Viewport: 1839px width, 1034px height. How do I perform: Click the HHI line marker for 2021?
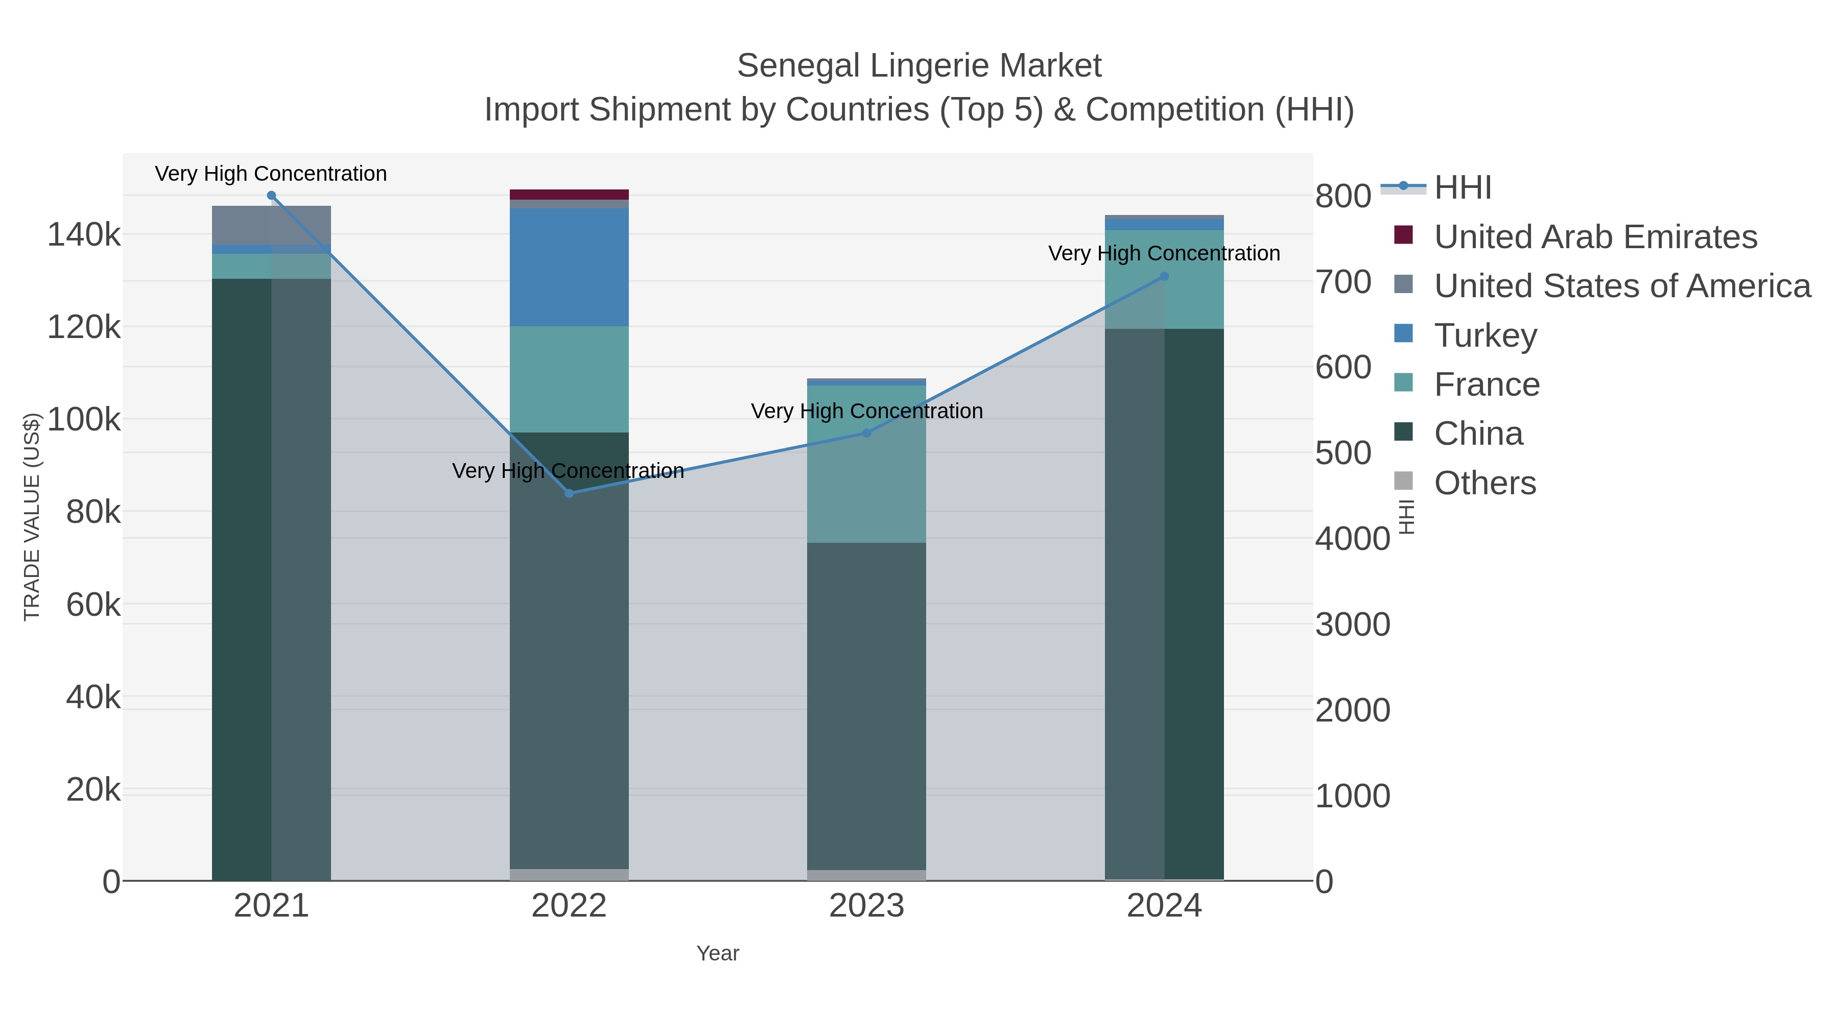(271, 196)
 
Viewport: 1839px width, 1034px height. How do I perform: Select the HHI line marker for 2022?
(569, 493)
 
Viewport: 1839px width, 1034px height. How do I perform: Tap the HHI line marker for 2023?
(867, 432)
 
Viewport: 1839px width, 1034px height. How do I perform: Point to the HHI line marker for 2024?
(1164, 276)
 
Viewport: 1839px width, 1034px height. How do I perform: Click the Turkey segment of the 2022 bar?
(569, 268)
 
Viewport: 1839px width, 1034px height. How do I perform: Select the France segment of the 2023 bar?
(867, 464)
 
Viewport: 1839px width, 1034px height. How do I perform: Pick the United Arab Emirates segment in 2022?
(569, 194)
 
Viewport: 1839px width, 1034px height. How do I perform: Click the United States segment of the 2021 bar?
(271, 226)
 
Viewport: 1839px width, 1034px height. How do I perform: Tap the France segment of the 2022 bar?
(569, 379)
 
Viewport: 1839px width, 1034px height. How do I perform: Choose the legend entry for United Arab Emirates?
(1595, 236)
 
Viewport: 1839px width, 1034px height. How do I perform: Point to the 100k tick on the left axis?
(84, 420)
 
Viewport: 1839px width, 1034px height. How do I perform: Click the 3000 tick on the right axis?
(1352, 624)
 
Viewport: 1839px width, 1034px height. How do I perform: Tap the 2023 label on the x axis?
(867, 905)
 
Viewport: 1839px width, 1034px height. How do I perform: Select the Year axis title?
(718, 953)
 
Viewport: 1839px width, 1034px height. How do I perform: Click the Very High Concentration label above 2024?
(1164, 253)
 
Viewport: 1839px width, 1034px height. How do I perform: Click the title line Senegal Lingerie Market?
(919, 66)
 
